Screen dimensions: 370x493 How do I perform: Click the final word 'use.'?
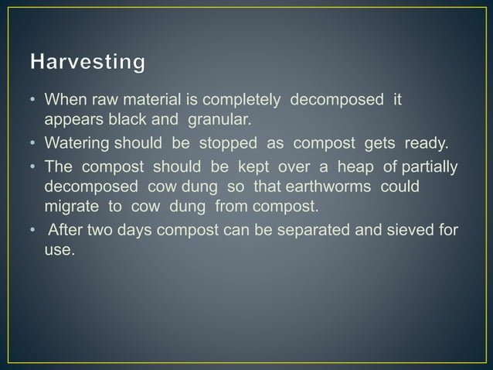tap(59, 251)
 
